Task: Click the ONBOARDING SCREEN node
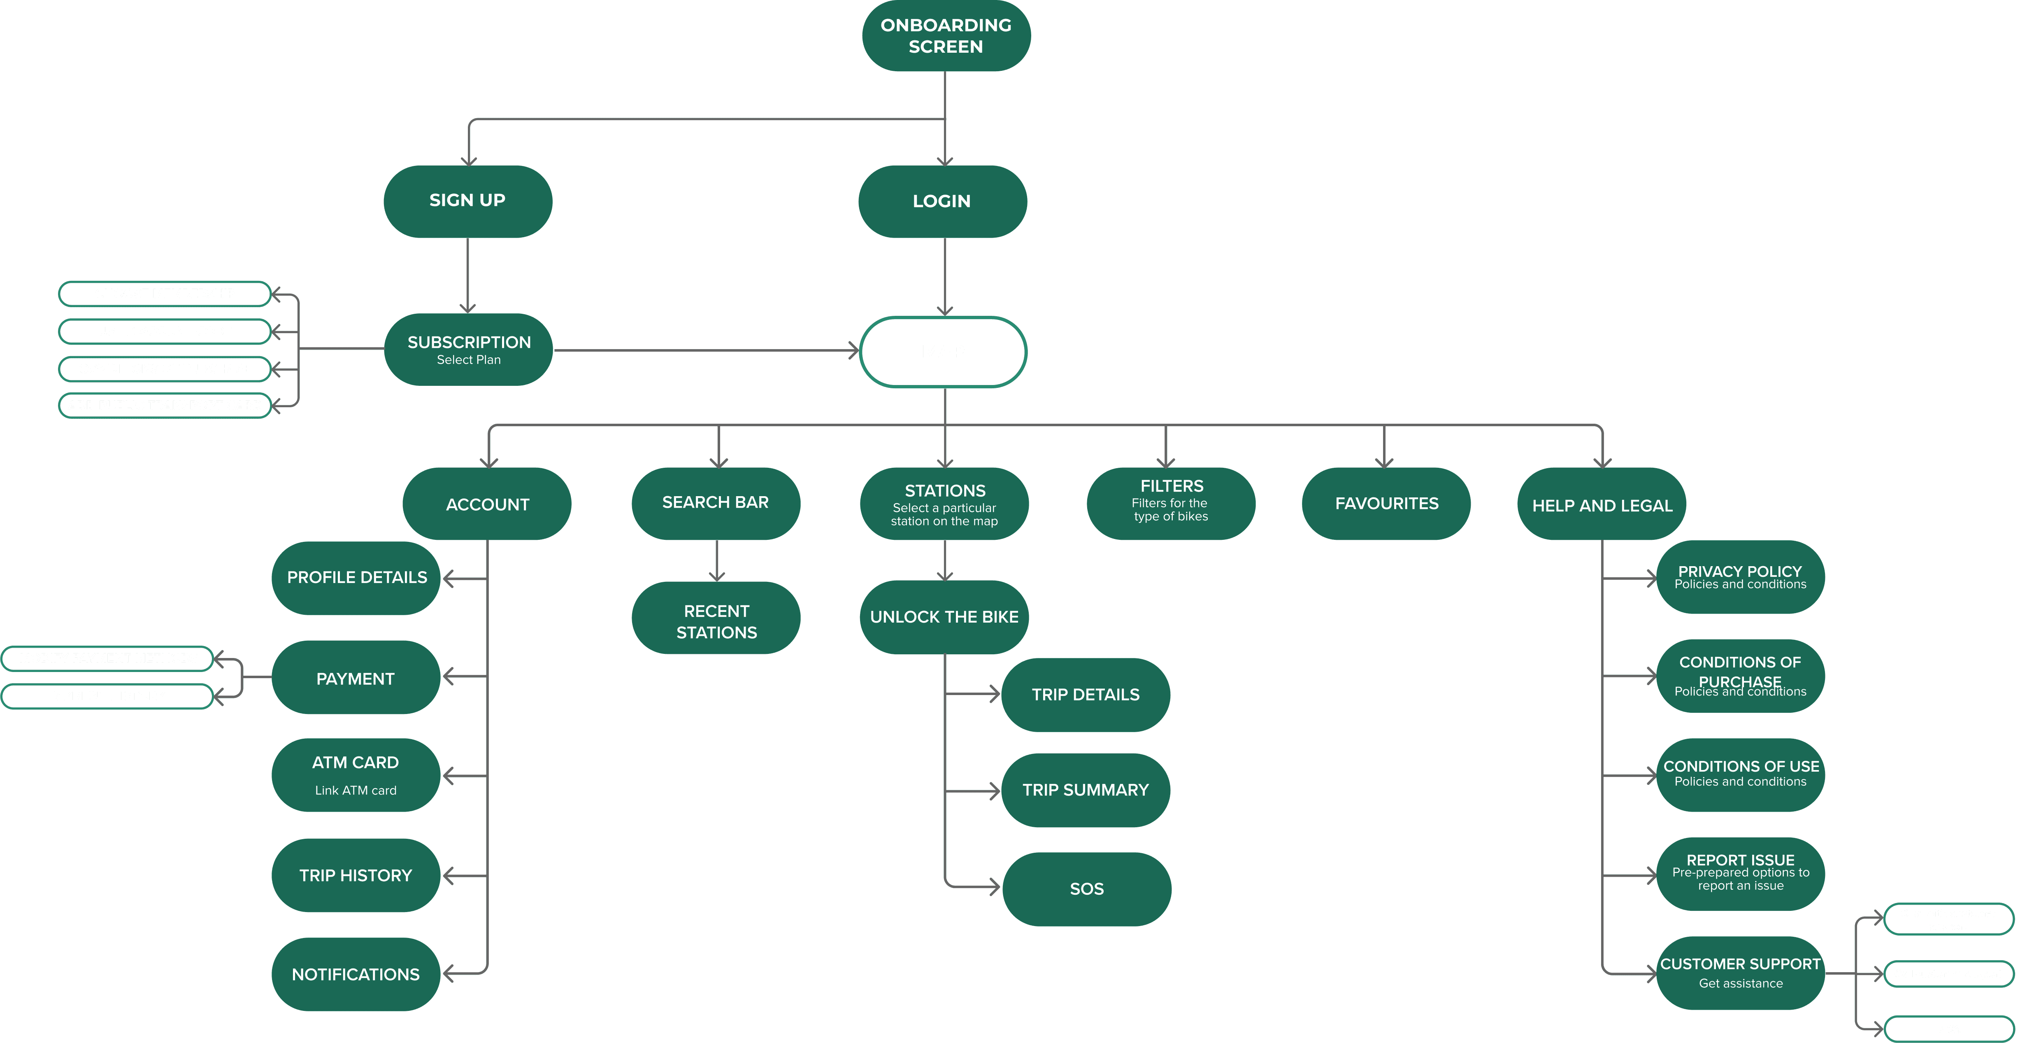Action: (x=946, y=36)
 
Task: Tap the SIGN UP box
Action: (x=468, y=201)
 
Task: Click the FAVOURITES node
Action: (x=1386, y=503)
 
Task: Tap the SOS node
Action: (x=1086, y=889)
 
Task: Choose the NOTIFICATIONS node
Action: (x=356, y=974)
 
